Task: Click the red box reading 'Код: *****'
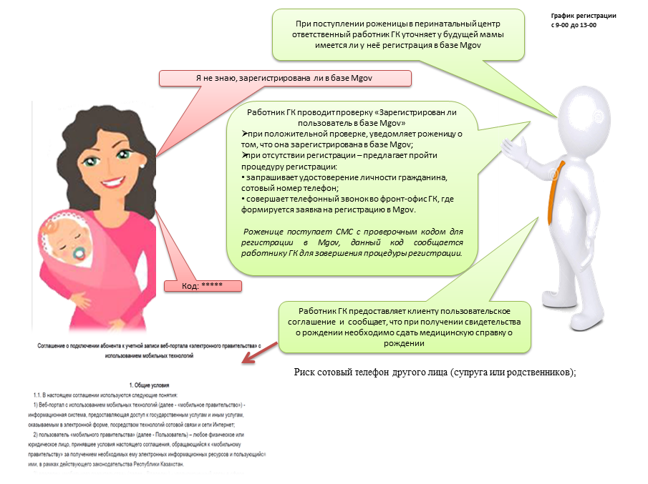[203, 286]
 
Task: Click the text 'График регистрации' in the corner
[583, 16]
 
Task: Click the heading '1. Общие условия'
[148, 384]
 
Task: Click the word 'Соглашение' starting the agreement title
[54, 346]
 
